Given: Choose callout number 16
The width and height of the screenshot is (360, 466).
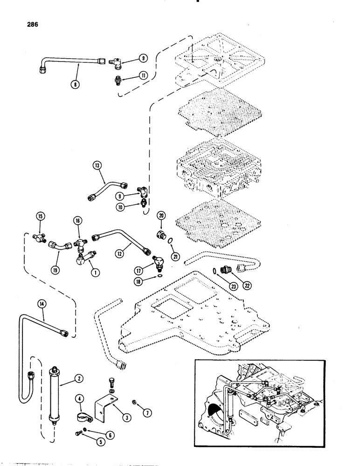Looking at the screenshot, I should [x=77, y=219].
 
